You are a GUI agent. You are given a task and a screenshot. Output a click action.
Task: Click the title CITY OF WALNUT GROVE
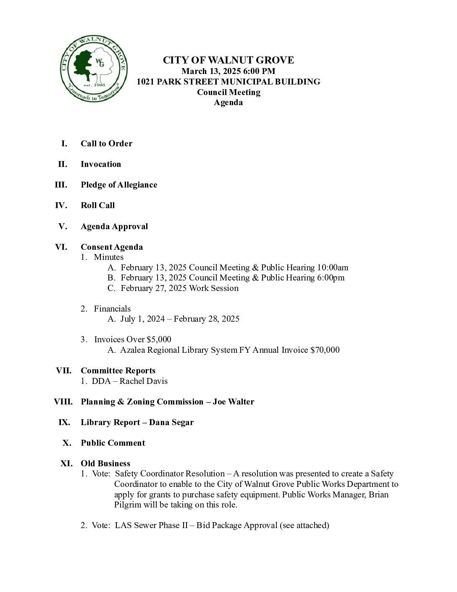[228, 60]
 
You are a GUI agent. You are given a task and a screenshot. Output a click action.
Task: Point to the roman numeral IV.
[61, 205]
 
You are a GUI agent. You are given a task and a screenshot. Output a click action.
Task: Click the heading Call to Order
[106, 143]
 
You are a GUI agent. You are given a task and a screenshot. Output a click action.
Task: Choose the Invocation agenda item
[101, 164]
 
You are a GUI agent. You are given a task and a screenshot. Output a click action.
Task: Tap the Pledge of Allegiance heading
[119, 185]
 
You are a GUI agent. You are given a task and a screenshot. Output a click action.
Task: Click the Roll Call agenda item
[97, 205]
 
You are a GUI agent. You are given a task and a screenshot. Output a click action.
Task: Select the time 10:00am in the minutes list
[333, 267]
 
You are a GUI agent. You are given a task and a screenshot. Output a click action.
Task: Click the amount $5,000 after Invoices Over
[159, 339]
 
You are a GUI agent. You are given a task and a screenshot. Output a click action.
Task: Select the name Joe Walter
[233, 402]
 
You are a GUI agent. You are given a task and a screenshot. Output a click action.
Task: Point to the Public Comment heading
[113, 443]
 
